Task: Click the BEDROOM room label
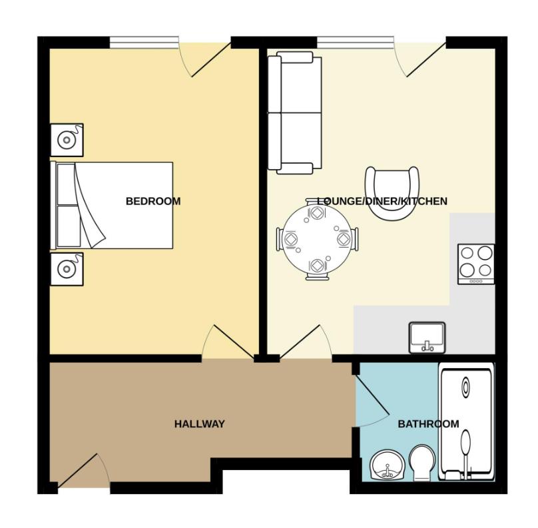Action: tap(153, 201)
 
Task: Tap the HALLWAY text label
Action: tap(199, 424)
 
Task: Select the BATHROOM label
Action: tap(428, 424)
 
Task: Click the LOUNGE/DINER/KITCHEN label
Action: tap(382, 201)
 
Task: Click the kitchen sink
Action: tap(427, 337)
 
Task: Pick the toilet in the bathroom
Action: tap(421, 463)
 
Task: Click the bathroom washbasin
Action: tap(386, 465)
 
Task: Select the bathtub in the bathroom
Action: tap(467, 420)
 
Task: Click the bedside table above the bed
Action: tap(67, 140)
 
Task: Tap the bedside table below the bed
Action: tap(67, 269)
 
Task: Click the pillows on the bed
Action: tap(67, 206)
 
